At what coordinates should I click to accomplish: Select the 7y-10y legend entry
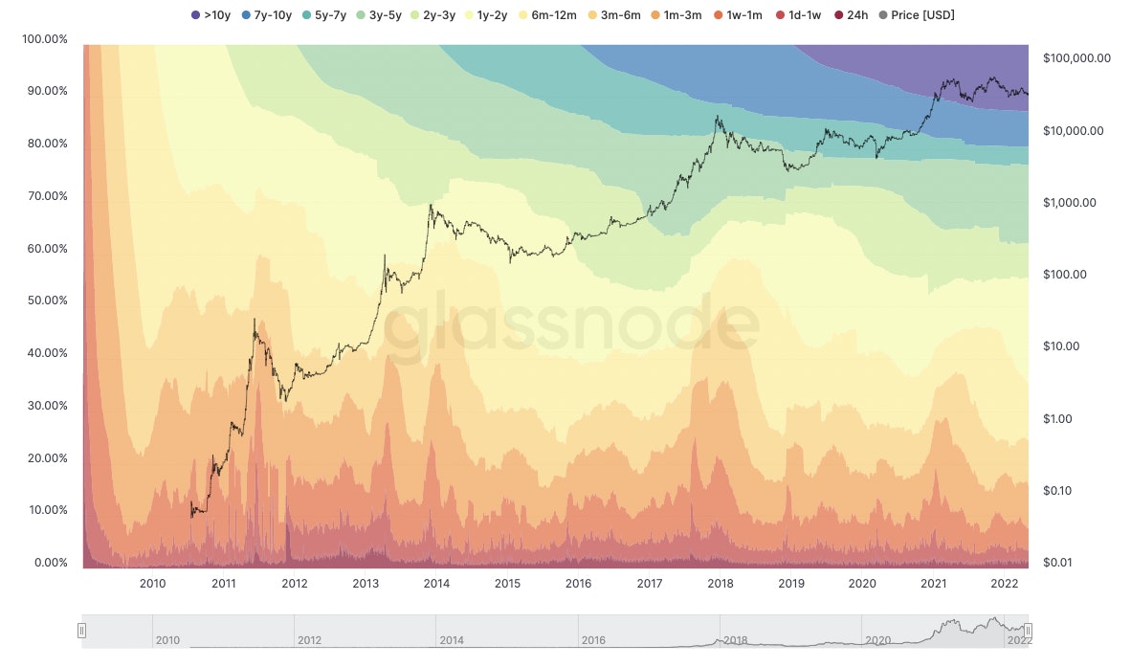pos(265,14)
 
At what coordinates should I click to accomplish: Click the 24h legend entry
pos(851,14)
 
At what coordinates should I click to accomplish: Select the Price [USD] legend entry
pos(916,14)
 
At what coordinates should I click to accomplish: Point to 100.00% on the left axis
pos(44,39)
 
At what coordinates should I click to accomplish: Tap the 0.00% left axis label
pos(48,563)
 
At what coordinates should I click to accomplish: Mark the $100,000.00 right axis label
pos(1076,58)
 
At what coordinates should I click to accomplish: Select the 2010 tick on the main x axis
pos(153,583)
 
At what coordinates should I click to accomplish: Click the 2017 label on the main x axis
pos(650,583)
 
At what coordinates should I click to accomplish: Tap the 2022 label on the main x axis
pos(1004,583)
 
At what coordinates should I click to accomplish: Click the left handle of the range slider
pos(82,631)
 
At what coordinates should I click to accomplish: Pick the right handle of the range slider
pos(1028,631)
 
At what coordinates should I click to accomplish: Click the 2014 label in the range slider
pos(454,640)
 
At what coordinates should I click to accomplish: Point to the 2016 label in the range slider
pos(595,640)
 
